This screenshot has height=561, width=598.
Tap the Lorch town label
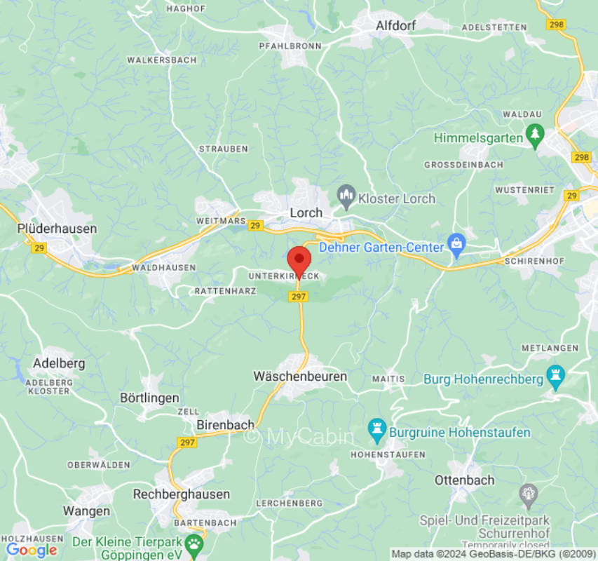(x=306, y=212)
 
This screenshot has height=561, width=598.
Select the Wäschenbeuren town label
(x=300, y=377)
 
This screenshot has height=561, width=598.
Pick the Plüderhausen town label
(x=57, y=229)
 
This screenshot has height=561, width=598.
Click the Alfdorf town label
(x=396, y=26)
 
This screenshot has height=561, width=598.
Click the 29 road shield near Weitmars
(x=255, y=226)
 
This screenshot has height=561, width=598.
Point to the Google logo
(x=31, y=550)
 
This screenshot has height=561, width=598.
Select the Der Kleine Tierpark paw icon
(x=193, y=543)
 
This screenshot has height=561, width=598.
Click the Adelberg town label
(x=59, y=363)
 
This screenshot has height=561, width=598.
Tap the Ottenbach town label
(x=464, y=480)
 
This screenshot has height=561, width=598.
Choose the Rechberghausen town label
(x=182, y=494)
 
